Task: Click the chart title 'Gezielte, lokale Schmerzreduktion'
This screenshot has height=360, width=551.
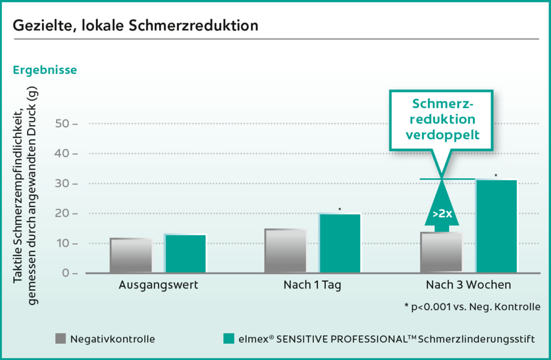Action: (136, 26)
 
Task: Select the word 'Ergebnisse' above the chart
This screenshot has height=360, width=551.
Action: (44, 70)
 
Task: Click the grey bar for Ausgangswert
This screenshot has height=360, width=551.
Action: (131, 256)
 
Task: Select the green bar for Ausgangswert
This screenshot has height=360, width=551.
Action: (185, 254)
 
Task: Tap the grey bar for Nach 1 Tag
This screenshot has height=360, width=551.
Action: (285, 251)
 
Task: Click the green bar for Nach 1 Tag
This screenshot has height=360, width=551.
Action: (340, 244)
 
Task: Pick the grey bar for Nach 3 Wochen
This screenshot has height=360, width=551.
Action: (441, 253)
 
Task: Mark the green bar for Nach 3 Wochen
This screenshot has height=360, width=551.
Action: (496, 226)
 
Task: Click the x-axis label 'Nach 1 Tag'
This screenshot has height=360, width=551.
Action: (312, 286)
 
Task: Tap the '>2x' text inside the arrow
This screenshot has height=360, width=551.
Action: (442, 212)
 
